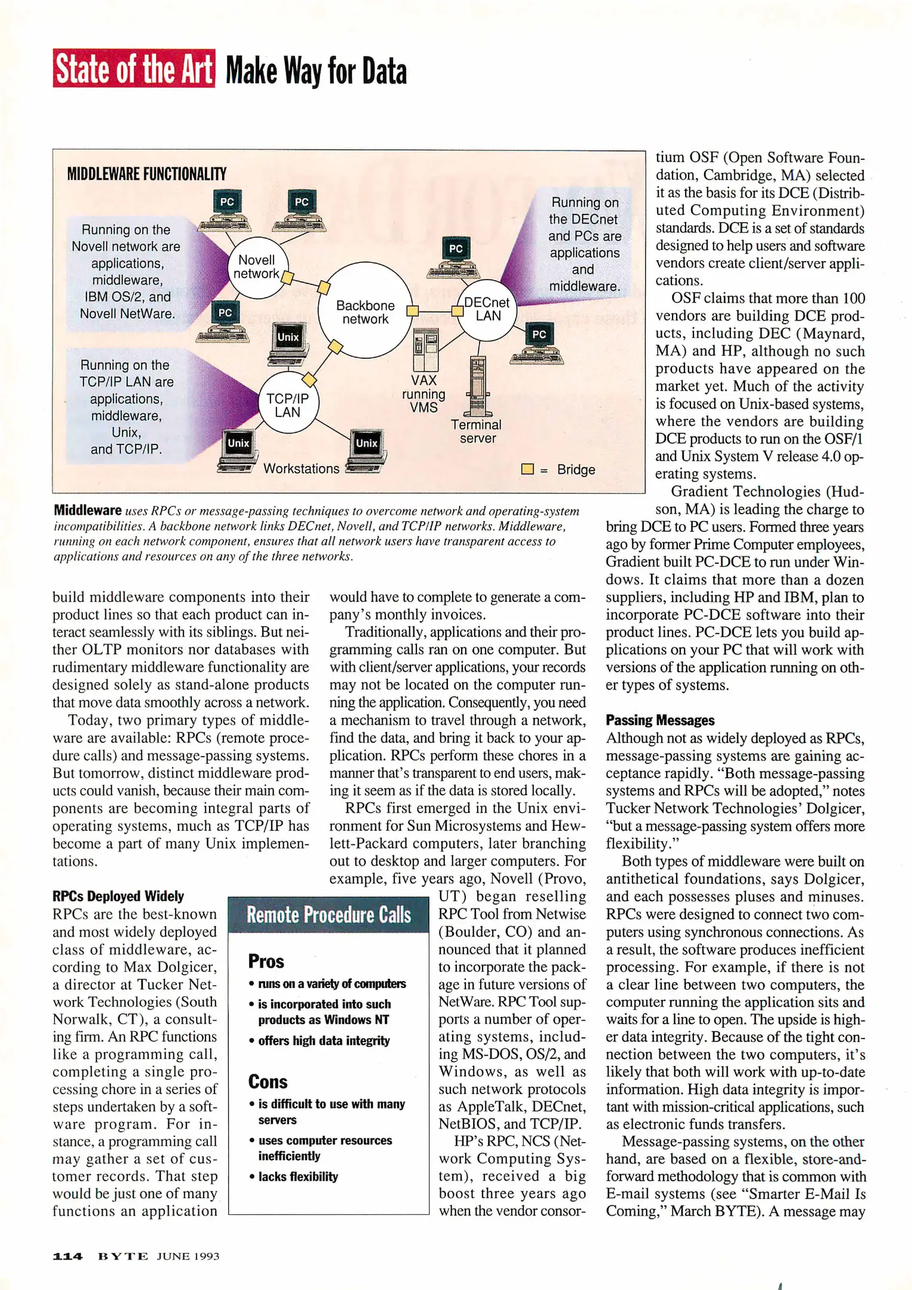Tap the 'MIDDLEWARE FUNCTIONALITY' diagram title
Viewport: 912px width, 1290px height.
click(146, 174)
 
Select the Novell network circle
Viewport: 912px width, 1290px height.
click(257, 267)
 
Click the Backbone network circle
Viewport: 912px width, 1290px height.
click(365, 311)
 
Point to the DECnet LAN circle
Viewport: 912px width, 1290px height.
click(487, 309)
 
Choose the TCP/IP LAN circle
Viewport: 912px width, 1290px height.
click(287, 404)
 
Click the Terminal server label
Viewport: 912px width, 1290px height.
click(477, 431)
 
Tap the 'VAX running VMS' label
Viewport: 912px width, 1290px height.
click(423, 394)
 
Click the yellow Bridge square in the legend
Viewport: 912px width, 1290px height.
click(527, 469)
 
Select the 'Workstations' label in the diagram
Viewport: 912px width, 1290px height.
click(301, 469)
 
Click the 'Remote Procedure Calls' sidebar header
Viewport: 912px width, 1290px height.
click(328, 915)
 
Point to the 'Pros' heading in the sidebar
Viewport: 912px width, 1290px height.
click(266, 962)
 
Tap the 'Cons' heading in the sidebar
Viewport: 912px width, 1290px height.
click(268, 1082)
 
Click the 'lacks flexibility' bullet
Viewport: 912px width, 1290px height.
click(297, 1177)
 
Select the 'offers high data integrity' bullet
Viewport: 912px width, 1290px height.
click(323, 1040)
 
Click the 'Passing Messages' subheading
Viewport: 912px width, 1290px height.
click(660, 720)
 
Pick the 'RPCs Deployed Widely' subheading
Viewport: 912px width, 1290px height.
click(118, 896)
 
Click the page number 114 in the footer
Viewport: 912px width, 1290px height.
click(67, 1256)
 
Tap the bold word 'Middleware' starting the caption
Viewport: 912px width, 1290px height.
click(88, 510)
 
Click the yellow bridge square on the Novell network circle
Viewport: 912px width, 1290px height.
click(288, 278)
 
